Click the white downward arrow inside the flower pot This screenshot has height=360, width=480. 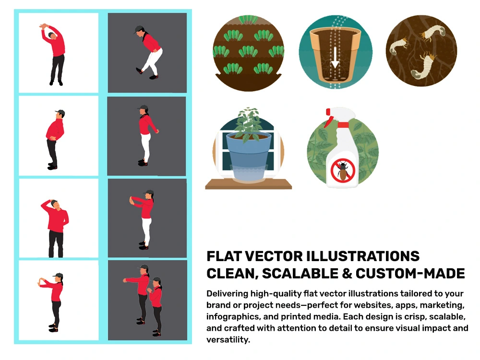coord(335,58)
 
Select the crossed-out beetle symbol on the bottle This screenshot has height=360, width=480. coord(343,170)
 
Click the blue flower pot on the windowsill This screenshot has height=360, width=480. coord(249,155)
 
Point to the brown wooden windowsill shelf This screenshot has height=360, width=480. coord(248,184)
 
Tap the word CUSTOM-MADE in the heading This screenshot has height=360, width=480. coord(410,274)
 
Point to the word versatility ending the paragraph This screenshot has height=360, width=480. coord(228,339)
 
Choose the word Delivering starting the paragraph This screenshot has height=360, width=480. coord(227,294)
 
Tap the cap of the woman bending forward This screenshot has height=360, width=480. coord(139,29)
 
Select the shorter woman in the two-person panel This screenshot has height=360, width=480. coord(156,306)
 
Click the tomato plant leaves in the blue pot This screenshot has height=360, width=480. coord(249,124)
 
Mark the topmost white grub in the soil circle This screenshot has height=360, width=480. coord(432,32)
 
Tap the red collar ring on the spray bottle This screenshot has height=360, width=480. coord(343,125)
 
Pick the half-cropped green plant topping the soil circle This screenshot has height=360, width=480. coord(248,20)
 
